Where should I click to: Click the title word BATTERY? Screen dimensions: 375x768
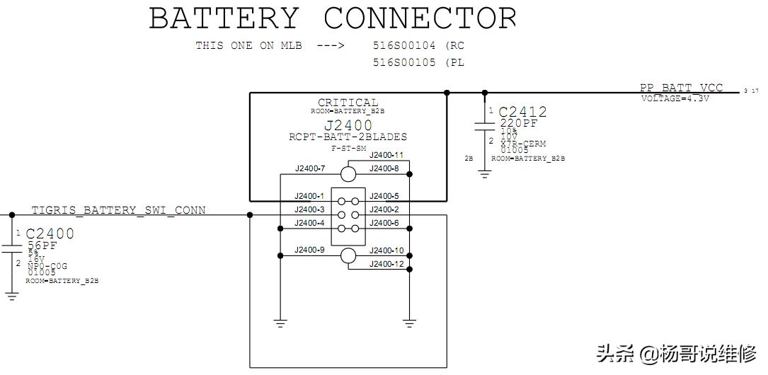pyautogui.click(x=224, y=18)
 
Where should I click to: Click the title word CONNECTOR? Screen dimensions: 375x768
pyautogui.click(x=420, y=18)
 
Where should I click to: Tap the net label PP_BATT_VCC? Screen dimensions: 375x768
pyautogui.click(x=681, y=88)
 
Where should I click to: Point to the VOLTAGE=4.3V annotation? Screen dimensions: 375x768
pyautogui.click(x=675, y=98)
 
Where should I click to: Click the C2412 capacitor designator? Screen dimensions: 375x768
pyautogui.click(x=522, y=112)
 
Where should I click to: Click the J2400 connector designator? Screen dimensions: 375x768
pyautogui.click(x=348, y=126)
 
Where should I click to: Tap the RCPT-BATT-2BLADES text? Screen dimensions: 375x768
pyautogui.click(x=348, y=137)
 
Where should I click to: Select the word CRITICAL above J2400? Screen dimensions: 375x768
pyautogui.click(x=348, y=103)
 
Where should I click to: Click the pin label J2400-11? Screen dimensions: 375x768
pyautogui.click(x=386, y=155)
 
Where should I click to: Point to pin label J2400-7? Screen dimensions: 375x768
pyautogui.click(x=309, y=168)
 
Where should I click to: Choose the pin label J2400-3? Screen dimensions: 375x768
pyautogui.click(x=309, y=209)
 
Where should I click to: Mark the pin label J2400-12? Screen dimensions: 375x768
pyautogui.click(x=386, y=264)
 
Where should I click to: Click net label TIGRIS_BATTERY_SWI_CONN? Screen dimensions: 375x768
pyautogui.click(x=118, y=210)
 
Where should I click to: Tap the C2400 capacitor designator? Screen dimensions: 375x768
pyautogui.click(x=50, y=233)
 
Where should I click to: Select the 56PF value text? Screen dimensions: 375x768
pyautogui.click(x=42, y=245)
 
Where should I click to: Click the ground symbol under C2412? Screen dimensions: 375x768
pyautogui.click(x=484, y=173)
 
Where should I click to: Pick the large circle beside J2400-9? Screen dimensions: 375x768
pyautogui.click(x=348, y=256)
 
